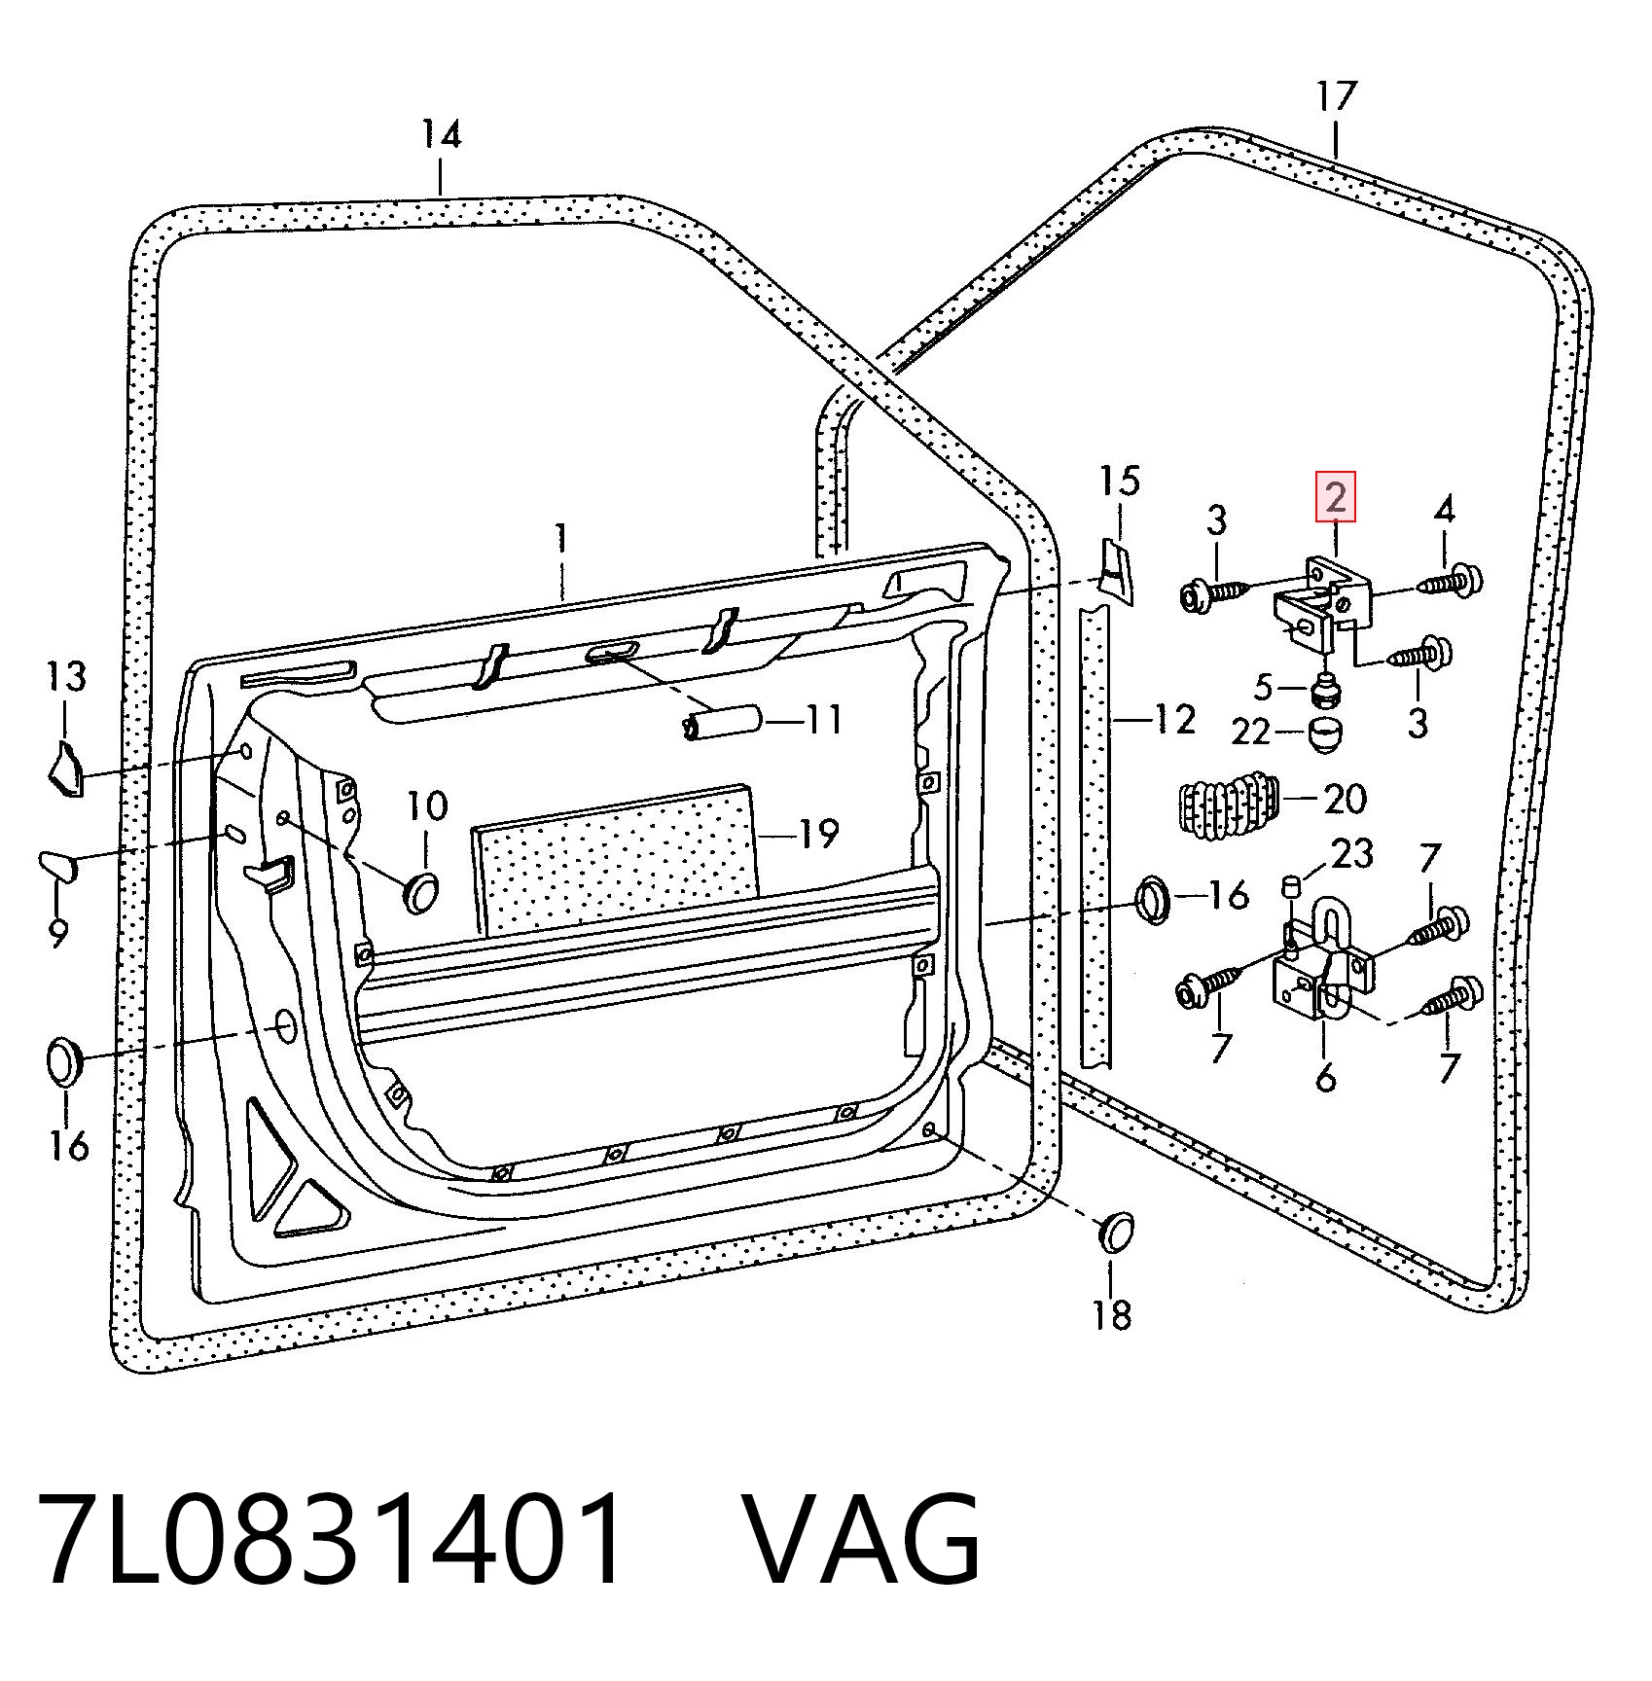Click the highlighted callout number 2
tap(1336, 497)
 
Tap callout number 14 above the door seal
tap(441, 133)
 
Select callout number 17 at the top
tap(1336, 96)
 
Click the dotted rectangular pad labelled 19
tap(615, 857)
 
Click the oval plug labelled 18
tap(1116, 1231)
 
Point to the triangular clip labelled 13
tap(66, 769)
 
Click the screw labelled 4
tap(1453, 583)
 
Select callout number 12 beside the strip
tap(1176, 721)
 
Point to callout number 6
tap(1326, 1078)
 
